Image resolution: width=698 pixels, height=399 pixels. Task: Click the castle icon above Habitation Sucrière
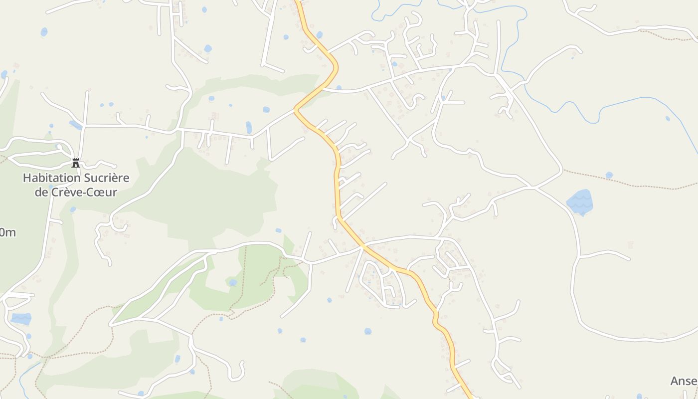76,163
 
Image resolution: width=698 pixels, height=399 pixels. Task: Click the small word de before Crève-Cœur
41,192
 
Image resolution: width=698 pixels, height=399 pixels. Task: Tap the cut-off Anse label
684,381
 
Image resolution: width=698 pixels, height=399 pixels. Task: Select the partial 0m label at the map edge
7,232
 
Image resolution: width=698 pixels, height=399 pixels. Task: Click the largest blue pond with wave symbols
580,201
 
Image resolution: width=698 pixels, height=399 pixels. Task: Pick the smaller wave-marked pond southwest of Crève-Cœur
21,318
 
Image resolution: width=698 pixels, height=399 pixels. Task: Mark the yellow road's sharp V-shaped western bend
297,108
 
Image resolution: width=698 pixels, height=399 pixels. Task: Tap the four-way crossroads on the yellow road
363,246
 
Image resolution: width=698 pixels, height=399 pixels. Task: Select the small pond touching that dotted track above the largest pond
609,175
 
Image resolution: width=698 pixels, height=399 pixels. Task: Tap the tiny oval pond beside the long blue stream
668,119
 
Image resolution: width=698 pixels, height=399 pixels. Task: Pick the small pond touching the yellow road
319,35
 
